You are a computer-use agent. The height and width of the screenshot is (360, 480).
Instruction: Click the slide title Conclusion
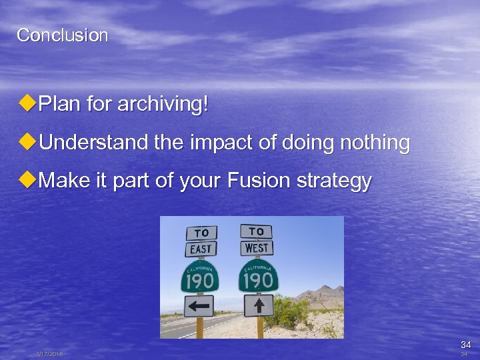(62, 35)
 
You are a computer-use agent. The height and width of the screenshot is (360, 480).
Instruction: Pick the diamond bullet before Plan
(28, 104)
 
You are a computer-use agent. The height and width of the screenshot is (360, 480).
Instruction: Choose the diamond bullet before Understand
(28, 143)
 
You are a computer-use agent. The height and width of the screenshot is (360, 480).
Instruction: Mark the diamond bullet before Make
(28, 181)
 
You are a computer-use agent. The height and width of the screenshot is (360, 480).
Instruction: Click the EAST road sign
(201, 249)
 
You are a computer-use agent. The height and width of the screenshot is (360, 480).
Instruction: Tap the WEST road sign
(256, 247)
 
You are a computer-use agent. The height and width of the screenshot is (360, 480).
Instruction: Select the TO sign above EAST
(201, 233)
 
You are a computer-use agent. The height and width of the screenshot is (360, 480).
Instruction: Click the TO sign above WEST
(256, 231)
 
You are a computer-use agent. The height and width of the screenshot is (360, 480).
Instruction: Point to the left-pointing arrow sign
(199, 306)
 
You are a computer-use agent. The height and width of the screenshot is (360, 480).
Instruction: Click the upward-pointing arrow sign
(259, 305)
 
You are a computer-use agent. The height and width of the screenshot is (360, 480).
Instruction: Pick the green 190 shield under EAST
(199, 276)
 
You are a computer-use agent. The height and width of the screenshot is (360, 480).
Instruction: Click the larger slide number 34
(465, 345)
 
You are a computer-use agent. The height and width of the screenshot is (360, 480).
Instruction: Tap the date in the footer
(49, 354)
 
